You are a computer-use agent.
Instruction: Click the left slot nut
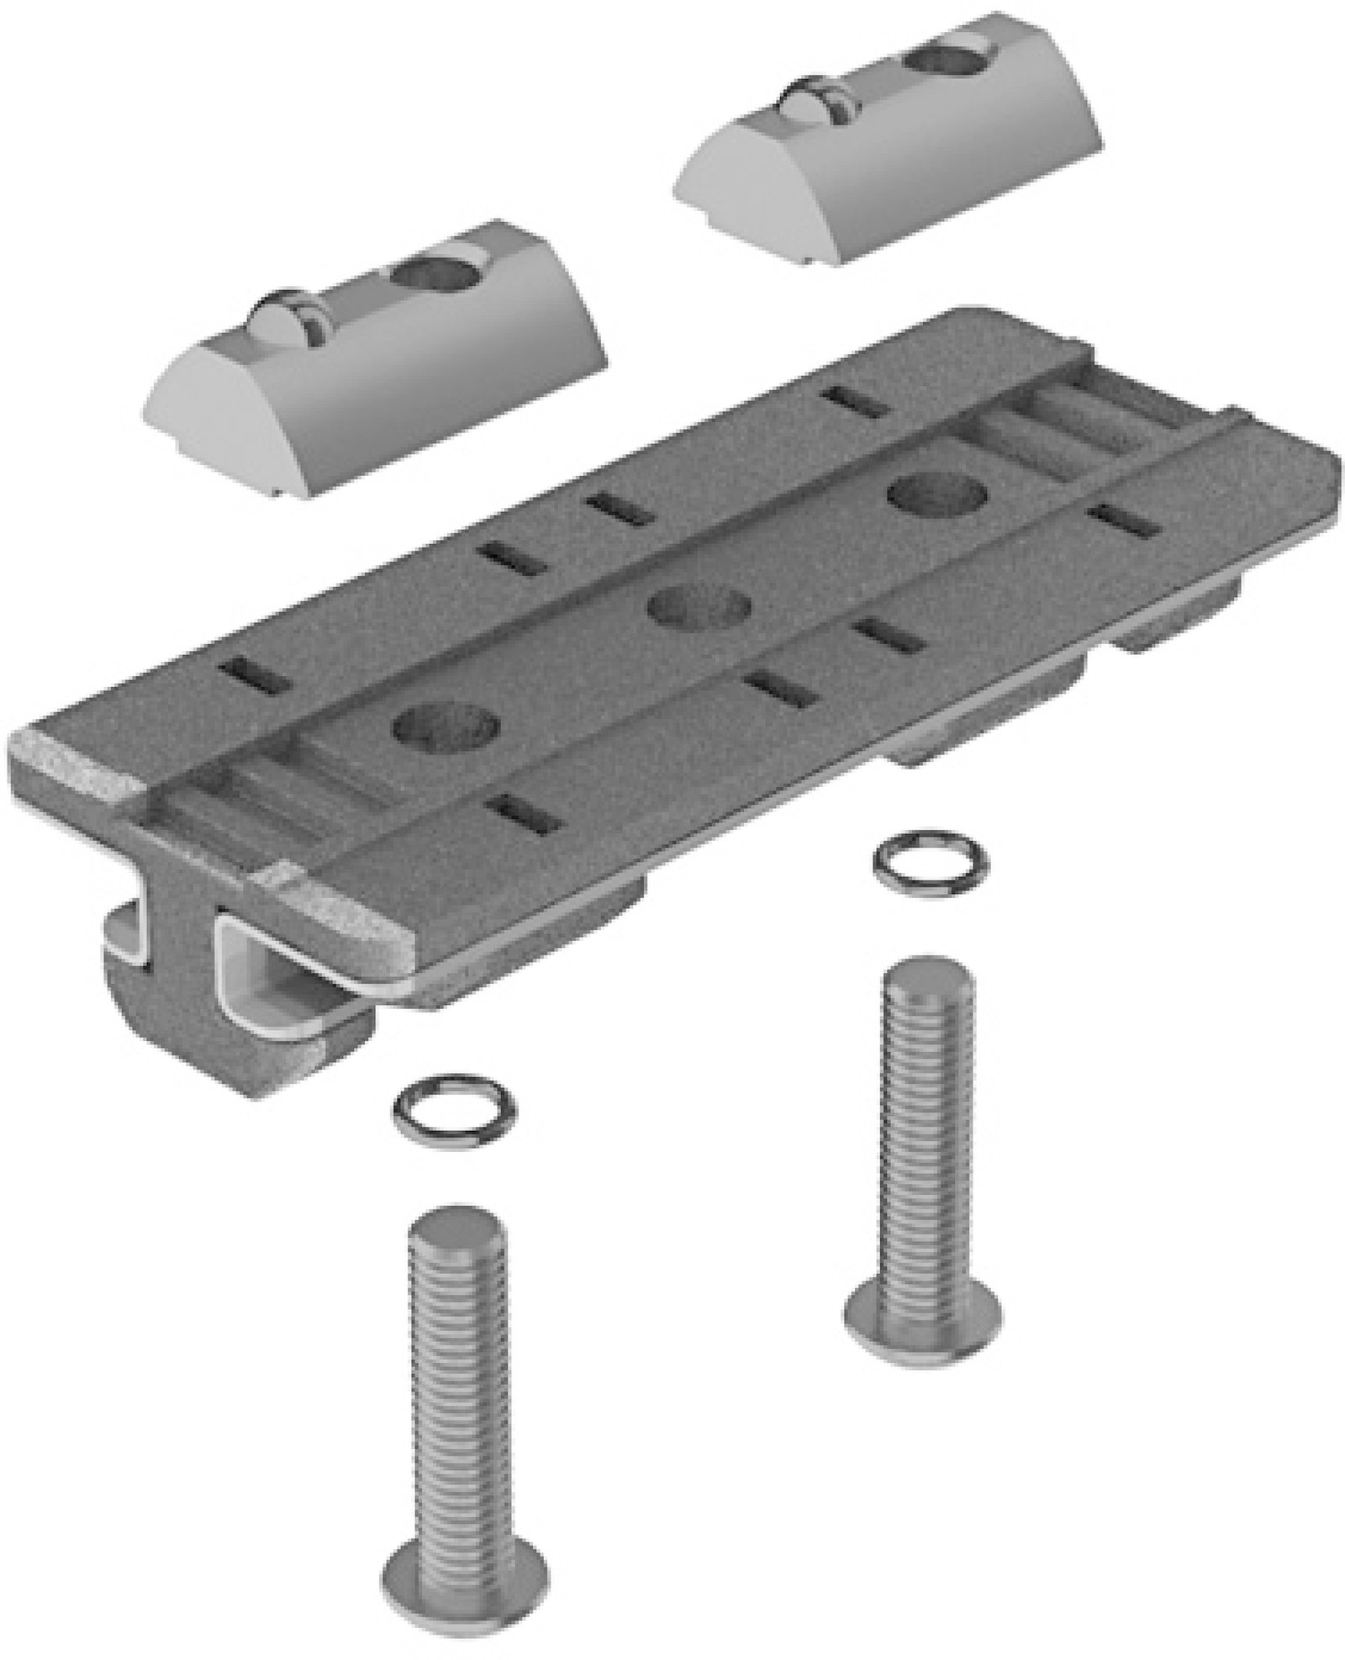click(378, 370)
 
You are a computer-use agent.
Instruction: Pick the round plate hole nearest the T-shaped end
click(446, 723)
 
